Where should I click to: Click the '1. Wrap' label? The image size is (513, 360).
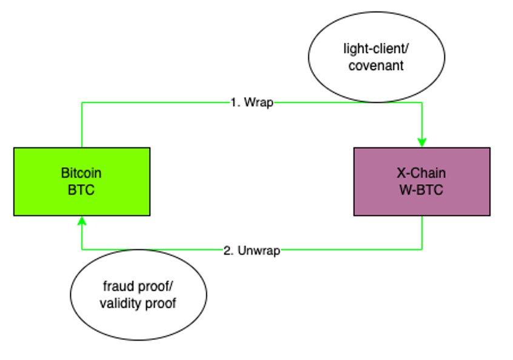point(252,103)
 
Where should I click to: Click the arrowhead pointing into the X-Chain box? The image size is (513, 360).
point(422,142)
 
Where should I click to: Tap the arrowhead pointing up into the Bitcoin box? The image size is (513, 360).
point(82,221)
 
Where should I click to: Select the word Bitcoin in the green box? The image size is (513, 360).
point(81,173)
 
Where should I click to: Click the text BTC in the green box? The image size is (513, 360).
point(81,190)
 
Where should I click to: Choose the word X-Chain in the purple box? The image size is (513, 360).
point(421,173)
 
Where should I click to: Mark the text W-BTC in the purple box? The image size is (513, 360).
point(421,190)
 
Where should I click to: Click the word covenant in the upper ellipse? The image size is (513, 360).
point(376,65)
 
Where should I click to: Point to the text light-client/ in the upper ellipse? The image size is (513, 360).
point(376,49)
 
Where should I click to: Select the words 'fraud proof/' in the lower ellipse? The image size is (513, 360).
point(138,287)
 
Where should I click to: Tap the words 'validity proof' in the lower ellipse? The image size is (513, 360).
point(138,303)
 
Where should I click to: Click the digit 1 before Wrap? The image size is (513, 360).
point(233,103)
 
